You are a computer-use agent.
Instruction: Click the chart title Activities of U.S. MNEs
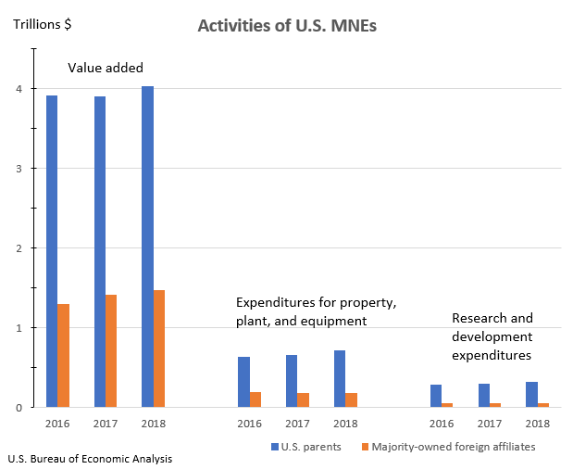click(287, 26)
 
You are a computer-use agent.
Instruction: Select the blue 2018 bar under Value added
click(148, 247)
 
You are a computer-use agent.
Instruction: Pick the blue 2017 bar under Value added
click(100, 251)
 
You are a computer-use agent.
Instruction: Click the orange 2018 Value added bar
click(159, 349)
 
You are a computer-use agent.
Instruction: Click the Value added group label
click(106, 68)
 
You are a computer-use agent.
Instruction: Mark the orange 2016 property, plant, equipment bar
click(255, 399)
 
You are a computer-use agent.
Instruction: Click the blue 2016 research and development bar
click(436, 396)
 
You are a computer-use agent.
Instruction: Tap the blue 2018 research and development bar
click(531, 394)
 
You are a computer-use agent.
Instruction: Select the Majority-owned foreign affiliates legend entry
click(455, 446)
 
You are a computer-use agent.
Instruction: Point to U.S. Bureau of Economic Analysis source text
click(89, 459)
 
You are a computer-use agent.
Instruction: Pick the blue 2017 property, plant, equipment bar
click(292, 381)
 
